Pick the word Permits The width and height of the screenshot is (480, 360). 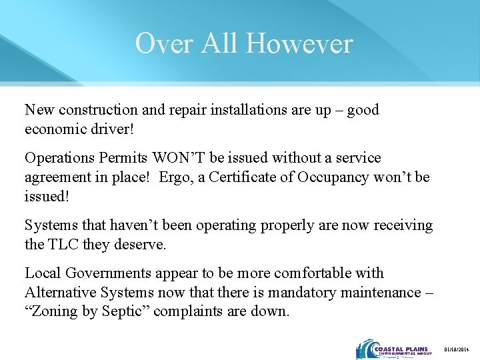tap(123, 158)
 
